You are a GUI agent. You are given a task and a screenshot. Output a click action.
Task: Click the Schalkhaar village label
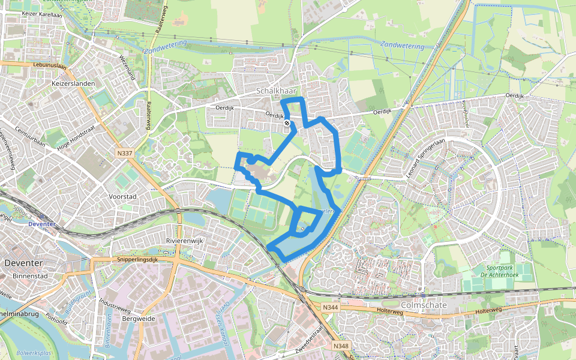point(274,91)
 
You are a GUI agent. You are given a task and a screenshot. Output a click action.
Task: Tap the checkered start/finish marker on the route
point(287,124)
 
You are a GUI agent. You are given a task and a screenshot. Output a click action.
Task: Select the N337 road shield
point(125,154)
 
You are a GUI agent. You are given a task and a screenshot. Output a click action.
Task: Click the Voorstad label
point(124,196)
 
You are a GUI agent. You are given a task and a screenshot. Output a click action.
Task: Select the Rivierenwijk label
point(185,241)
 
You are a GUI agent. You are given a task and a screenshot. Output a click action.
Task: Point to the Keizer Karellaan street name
point(42,13)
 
